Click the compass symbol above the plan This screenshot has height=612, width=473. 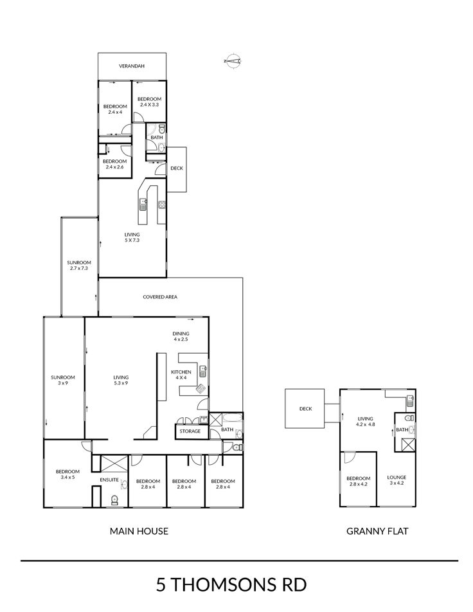(233, 60)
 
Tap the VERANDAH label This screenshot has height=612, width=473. (132, 66)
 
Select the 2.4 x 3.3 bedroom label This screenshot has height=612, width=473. (149, 102)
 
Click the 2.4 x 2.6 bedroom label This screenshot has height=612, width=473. (115, 164)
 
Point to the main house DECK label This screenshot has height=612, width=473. (177, 168)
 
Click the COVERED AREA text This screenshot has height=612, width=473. (160, 297)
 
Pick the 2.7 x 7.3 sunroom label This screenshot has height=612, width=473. (79, 265)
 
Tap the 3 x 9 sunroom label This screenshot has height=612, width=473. (63, 380)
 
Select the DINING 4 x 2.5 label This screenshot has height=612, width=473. (181, 336)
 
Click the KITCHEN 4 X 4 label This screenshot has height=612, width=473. (181, 375)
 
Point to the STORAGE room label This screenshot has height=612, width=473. (190, 431)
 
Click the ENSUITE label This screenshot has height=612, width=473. (109, 480)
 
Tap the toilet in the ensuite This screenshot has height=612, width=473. (115, 500)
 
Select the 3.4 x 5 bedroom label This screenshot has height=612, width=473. (67, 474)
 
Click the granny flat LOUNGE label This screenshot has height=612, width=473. (397, 480)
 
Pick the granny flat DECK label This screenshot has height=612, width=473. (305, 409)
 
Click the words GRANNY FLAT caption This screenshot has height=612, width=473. (377, 531)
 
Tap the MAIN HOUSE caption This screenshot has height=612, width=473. (139, 531)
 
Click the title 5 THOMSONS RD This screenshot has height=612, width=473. (231, 585)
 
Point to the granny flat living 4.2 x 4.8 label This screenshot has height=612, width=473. (365, 422)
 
